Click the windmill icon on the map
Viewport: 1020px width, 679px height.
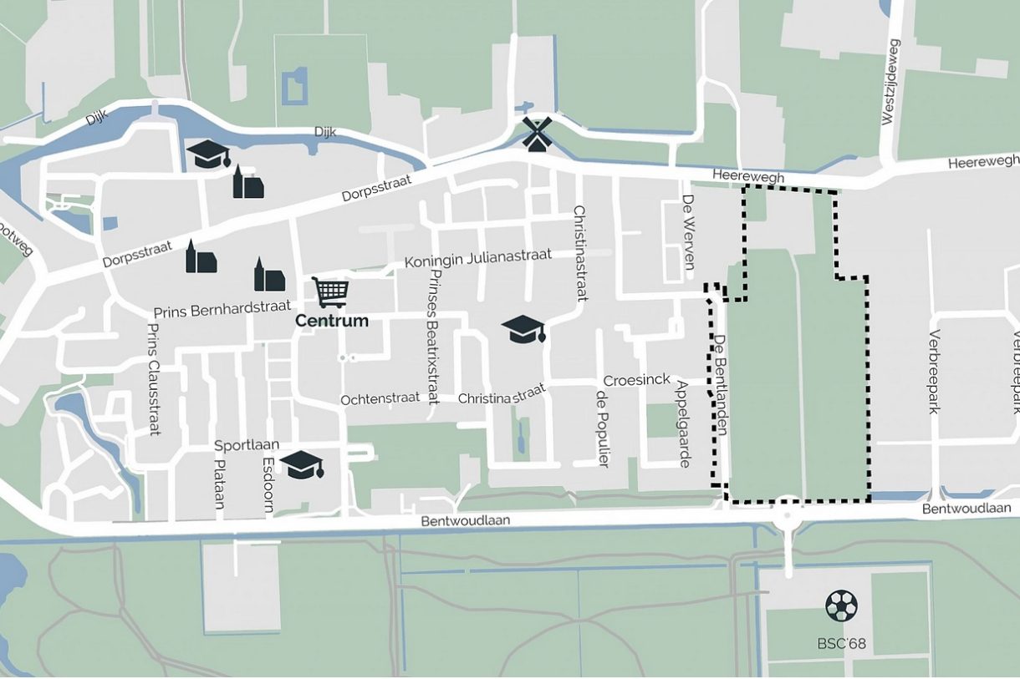[537, 134]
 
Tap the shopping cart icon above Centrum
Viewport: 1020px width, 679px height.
[330, 292]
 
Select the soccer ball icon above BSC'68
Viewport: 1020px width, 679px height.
[841, 606]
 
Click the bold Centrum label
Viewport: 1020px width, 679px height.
[332, 321]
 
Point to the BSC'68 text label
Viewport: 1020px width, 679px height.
[841, 644]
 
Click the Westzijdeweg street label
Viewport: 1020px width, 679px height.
[891, 83]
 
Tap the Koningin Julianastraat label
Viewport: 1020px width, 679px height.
[478, 259]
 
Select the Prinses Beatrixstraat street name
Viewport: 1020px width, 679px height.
[432, 337]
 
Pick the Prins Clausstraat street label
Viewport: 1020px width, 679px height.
[153, 379]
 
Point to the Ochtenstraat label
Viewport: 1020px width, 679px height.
[380, 399]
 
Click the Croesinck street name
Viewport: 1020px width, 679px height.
[636, 380]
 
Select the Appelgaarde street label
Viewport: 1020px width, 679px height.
[684, 423]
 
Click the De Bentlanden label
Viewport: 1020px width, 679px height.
[720, 384]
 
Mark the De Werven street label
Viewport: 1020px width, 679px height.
[689, 232]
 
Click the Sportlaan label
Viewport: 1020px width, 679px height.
[247, 445]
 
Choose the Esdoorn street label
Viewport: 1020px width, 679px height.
[268, 484]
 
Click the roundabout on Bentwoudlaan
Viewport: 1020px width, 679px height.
[788, 514]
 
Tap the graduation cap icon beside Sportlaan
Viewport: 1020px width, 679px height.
[302, 464]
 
